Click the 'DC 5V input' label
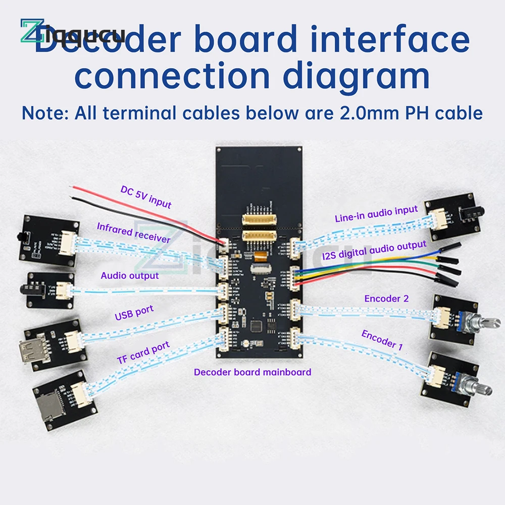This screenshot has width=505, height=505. [146, 197]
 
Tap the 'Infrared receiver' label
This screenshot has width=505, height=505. [134, 232]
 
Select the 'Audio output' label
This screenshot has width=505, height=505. [130, 275]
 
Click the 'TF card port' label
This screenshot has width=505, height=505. [143, 352]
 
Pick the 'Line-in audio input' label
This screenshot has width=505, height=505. [376, 214]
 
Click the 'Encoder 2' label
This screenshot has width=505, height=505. [386, 298]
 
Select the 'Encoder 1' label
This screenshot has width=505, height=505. [382, 340]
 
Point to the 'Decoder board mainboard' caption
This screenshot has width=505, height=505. [252, 372]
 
